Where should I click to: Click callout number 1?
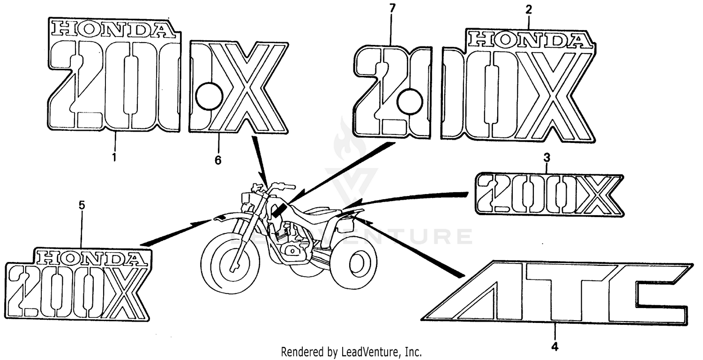[x=114, y=157]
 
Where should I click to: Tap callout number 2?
[x=529, y=10]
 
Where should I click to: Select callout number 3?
[x=547, y=158]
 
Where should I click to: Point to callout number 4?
[x=555, y=347]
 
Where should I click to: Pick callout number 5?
[x=82, y=205]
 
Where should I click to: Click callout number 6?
[x=218, y=160]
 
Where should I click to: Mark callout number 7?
[x=392, y=9]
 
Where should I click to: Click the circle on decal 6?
[x=209, y=96]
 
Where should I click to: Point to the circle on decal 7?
[x=410, y=101]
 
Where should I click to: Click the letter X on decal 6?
[x=248, y=87]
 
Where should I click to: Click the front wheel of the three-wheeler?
[x=231, y=263]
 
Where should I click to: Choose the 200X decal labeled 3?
[x=549, y=194]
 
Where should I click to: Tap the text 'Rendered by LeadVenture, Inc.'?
[x=351, y=352]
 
